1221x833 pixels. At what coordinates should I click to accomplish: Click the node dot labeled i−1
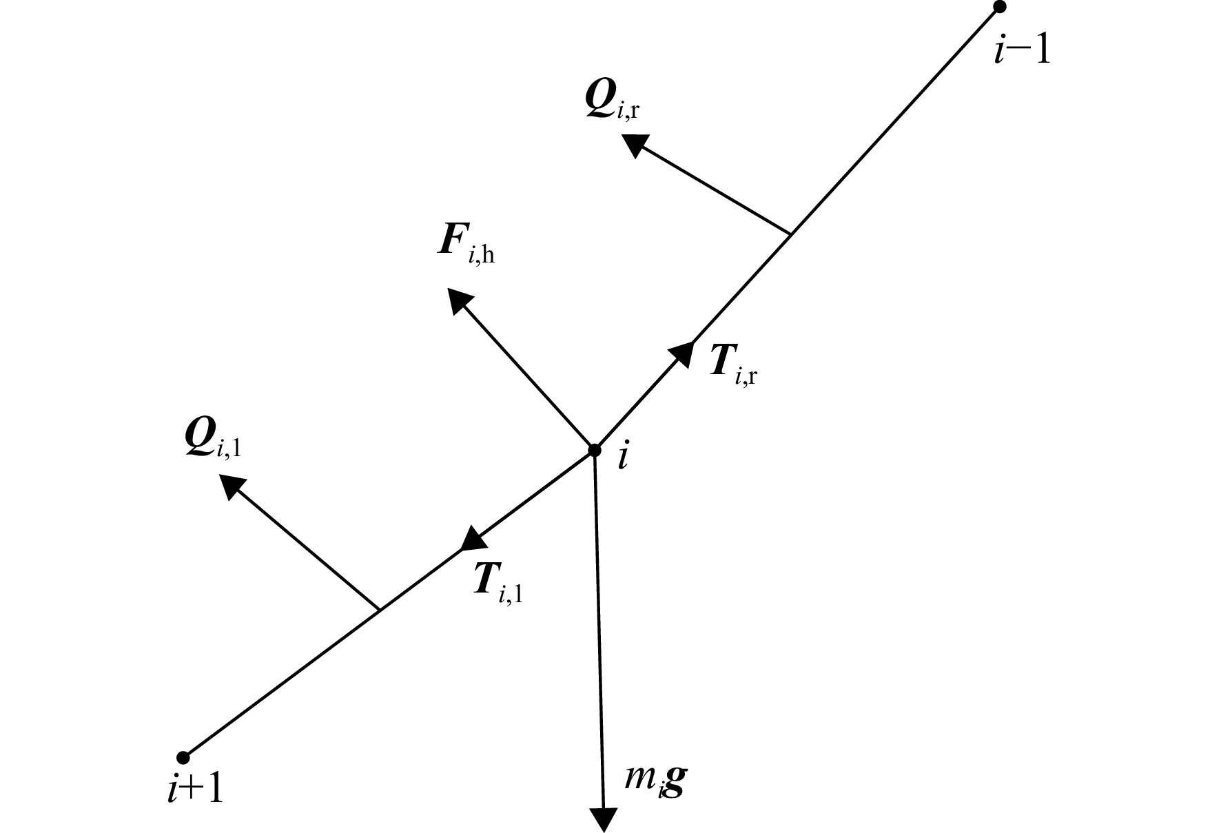(999, 7)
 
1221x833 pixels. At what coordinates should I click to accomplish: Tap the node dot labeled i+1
(183, 758)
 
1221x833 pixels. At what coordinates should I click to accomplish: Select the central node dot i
(594, 450)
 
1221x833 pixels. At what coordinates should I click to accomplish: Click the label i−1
(1022, 50)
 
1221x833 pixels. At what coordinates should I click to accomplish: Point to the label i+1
(196, 790)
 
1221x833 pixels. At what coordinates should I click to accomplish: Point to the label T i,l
(497, 583)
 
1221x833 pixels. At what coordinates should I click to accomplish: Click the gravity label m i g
(655, 782)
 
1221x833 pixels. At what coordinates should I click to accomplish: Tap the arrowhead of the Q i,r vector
(633, 145)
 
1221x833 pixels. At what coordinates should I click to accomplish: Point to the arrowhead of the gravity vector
(604, 820)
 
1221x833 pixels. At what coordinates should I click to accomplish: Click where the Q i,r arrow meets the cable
(790, 234)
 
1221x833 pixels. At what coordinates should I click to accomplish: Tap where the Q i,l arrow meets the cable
(378, 610)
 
